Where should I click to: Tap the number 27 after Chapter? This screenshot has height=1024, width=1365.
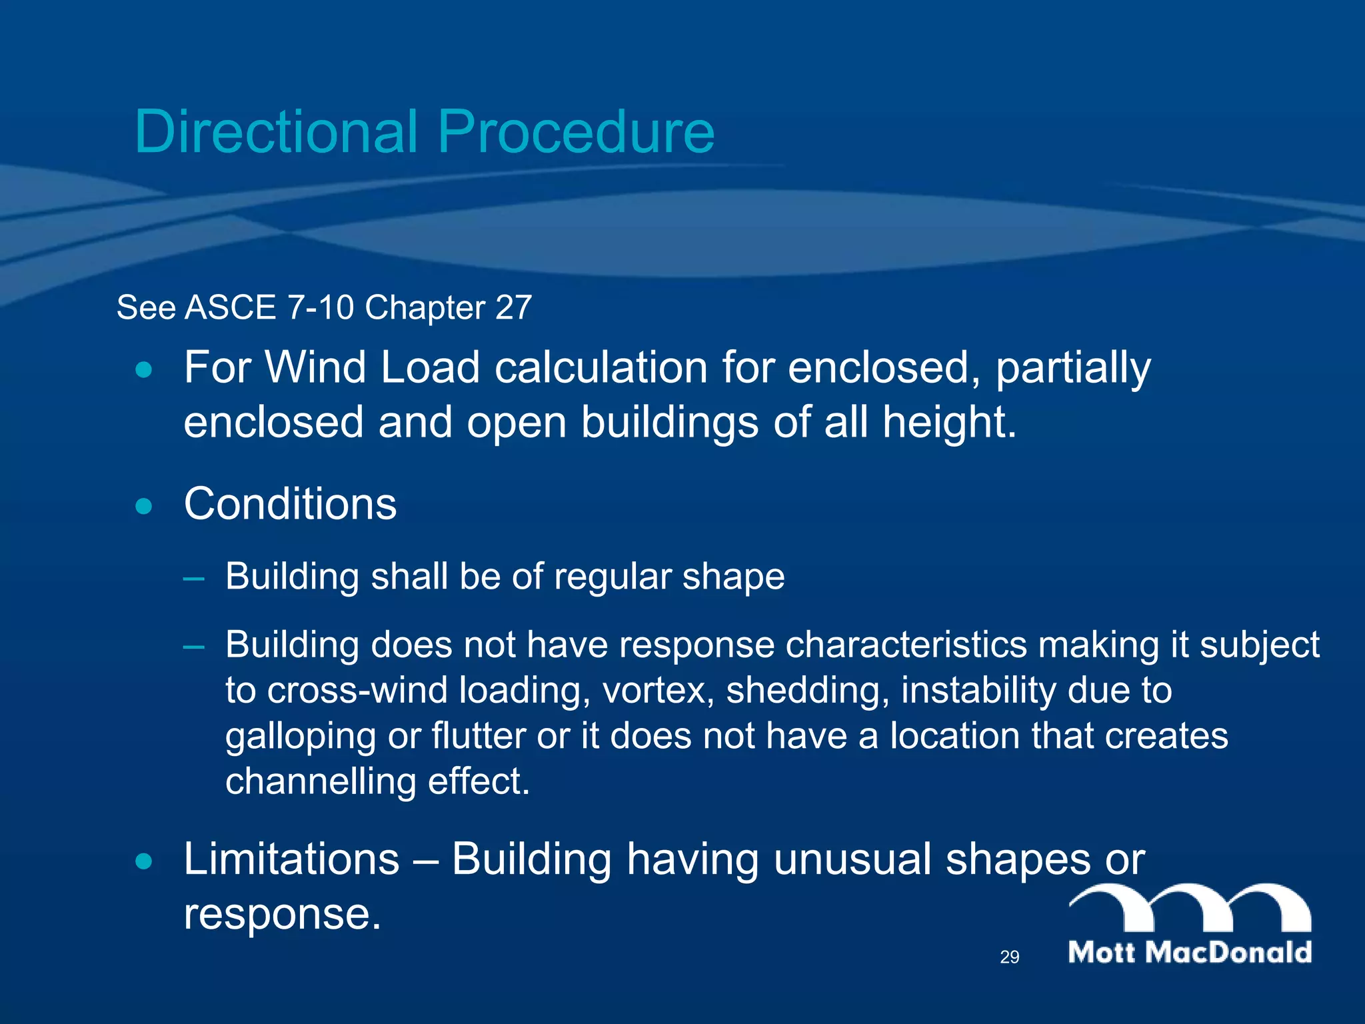pos(513,308)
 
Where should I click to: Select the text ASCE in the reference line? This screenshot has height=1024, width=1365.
pos(231,308)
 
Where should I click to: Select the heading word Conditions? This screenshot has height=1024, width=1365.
pos(290,504)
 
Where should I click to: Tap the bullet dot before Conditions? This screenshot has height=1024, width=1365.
pos(143,507)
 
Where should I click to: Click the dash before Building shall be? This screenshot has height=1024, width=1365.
pos(193,577)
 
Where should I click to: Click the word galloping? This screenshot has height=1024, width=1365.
pos(300,737)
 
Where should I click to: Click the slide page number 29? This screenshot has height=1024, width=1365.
pos(1009,957)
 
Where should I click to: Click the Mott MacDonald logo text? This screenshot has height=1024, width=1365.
pos(1190,952)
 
